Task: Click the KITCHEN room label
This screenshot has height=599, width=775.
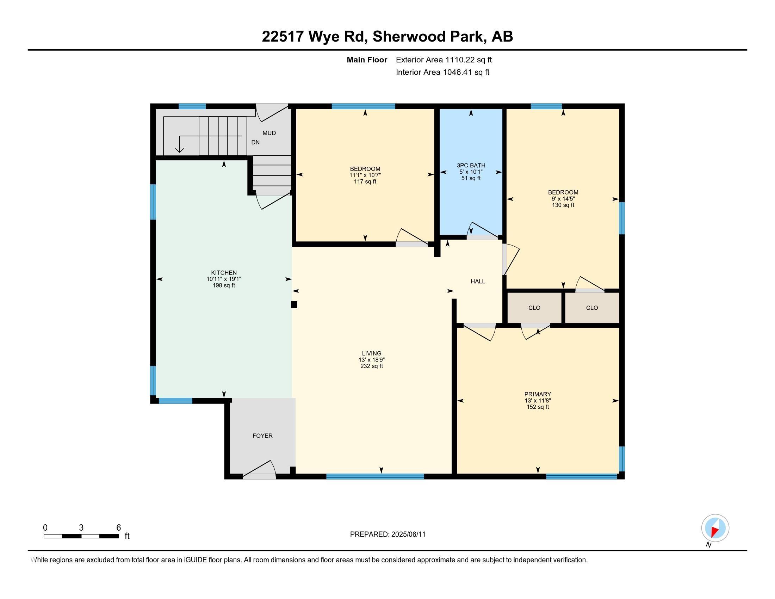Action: click(224, 272)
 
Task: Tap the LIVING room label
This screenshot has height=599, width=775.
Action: click(372, 353)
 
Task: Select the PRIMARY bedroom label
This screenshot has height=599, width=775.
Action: click(538, 394)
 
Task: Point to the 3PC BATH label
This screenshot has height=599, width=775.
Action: click(471, 165)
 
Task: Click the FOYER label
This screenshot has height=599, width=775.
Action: click(262, 436)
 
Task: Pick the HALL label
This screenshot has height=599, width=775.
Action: click(478, 282)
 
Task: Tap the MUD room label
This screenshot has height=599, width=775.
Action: click(269, 133)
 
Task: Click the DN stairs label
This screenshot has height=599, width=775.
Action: click(255, 142)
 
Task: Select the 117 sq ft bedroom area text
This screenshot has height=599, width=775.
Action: click(365, 182)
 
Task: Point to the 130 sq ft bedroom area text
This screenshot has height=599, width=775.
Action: click(563, 205)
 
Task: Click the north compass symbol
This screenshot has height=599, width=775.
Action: click(715, 528)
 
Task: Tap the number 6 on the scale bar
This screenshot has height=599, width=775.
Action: click(118, 528)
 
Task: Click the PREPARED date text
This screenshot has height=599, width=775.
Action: click(387, 535)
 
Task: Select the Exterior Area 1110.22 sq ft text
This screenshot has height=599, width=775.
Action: click(444, 60)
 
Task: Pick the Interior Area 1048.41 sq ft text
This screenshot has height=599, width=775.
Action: click(442, 72)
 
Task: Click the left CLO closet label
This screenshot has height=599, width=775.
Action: click(534, 308)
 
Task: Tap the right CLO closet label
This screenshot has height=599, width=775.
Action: click(592, 308)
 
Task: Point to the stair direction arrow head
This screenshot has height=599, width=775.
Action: click(180, 150)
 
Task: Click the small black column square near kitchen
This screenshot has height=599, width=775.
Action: click(294, 304)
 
